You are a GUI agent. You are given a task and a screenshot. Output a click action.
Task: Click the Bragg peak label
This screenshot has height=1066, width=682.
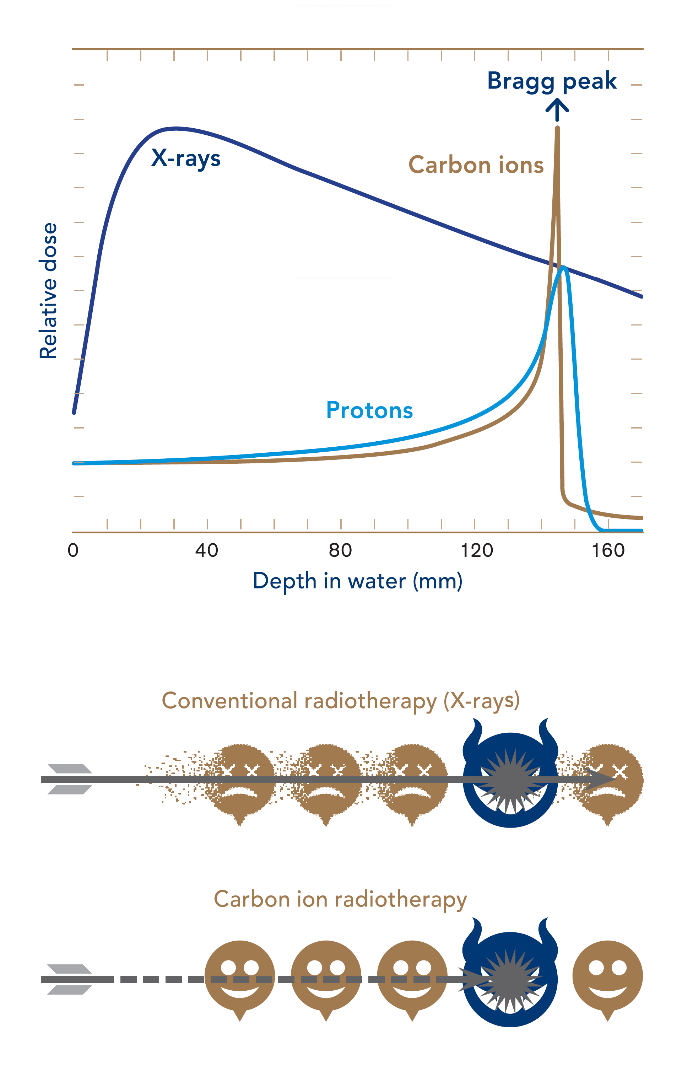coord(552,81)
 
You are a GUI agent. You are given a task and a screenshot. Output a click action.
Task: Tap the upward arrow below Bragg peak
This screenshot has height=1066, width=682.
coord(557,110)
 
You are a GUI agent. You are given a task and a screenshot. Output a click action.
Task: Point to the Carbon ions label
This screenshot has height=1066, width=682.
coord(476,165)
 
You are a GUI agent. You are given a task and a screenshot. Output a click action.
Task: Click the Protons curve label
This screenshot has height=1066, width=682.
coord(369,410)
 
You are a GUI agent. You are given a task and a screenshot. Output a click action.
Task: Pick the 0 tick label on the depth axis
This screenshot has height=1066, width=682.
coord(73,550)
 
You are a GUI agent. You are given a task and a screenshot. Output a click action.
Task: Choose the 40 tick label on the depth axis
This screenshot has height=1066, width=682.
coord(207,550)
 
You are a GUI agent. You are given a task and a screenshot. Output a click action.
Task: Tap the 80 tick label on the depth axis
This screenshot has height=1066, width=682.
coord(341,550)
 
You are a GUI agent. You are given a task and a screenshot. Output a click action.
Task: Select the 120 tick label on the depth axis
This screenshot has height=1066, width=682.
coord(477,550)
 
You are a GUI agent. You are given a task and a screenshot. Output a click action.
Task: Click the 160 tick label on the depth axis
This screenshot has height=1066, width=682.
coord(608,550)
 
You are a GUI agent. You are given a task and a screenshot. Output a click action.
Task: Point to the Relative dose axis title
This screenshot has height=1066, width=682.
coord(48,291)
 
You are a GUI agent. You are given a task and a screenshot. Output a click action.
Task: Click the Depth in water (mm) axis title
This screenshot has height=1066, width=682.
coord(358,581)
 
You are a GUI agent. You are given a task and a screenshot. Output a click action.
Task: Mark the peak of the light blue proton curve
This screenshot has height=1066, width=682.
coord(564,267)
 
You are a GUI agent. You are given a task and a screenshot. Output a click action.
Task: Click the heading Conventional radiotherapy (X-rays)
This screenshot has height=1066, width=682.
coord(341,701)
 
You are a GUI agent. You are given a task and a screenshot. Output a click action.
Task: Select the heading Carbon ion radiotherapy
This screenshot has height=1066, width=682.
coord(340,900)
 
